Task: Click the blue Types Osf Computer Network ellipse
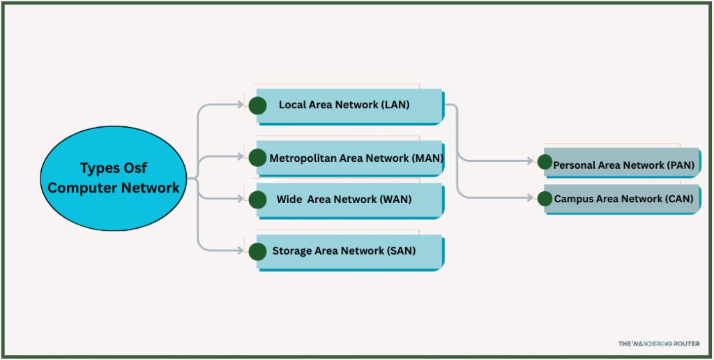click(114, 178)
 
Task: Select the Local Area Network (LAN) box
click(349, 105)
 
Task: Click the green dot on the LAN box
click(257, 105)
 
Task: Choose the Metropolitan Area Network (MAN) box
click(349, 158)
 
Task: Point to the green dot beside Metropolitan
click(257, 158)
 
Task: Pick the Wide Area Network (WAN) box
click(349, 200)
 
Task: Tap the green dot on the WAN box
click(257, 200)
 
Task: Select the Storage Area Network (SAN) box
click(349, 251)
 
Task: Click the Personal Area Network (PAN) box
click(623, 165)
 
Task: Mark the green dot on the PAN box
click(545, 162)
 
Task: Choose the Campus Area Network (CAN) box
click(623, 199)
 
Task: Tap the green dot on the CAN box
click(545, 199)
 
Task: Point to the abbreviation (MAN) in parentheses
click(427, 158)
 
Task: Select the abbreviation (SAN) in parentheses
click(401, 251)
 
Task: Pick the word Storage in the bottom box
click(292, 251)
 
